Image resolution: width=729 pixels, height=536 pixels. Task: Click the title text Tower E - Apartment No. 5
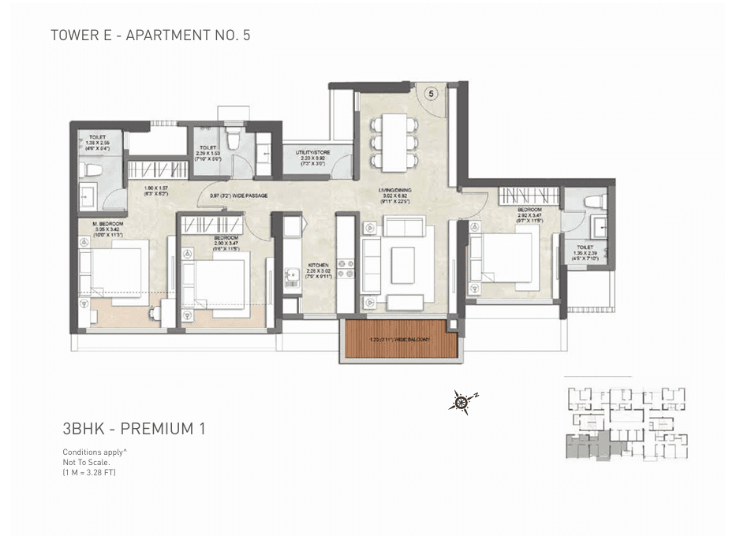pyautogui.click(x=150, y=35)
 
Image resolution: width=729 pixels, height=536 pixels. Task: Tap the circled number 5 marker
pyautogui.click(x=431, y=93)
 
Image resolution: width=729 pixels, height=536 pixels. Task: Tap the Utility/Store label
pyautogui.click(x=308, y=155)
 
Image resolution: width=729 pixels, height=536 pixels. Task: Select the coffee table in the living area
pyautogui.click(x=402, y=260)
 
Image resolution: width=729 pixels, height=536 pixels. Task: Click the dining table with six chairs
pyautogui.click(x=391, y=140)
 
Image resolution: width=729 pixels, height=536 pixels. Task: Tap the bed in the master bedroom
pyautogui.click(x=118, y=268)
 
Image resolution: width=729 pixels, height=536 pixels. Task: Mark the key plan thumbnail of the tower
pyautogui.click(x=625, y=422)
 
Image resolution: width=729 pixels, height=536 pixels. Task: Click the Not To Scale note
pyautogui.click(x=87, y=462)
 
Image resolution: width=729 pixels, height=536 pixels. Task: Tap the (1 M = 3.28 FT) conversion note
pyautogui.click(x=89, y=471)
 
